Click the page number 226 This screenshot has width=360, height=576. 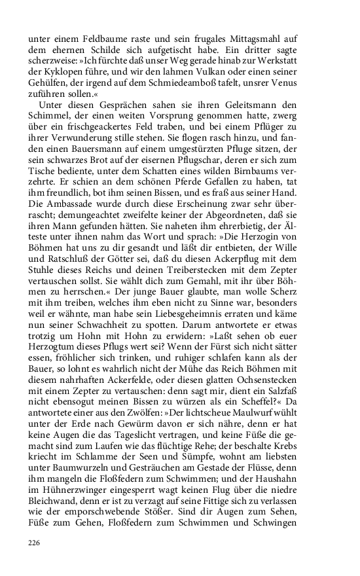[35, 543]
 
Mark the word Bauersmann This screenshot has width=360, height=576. [94, 149]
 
